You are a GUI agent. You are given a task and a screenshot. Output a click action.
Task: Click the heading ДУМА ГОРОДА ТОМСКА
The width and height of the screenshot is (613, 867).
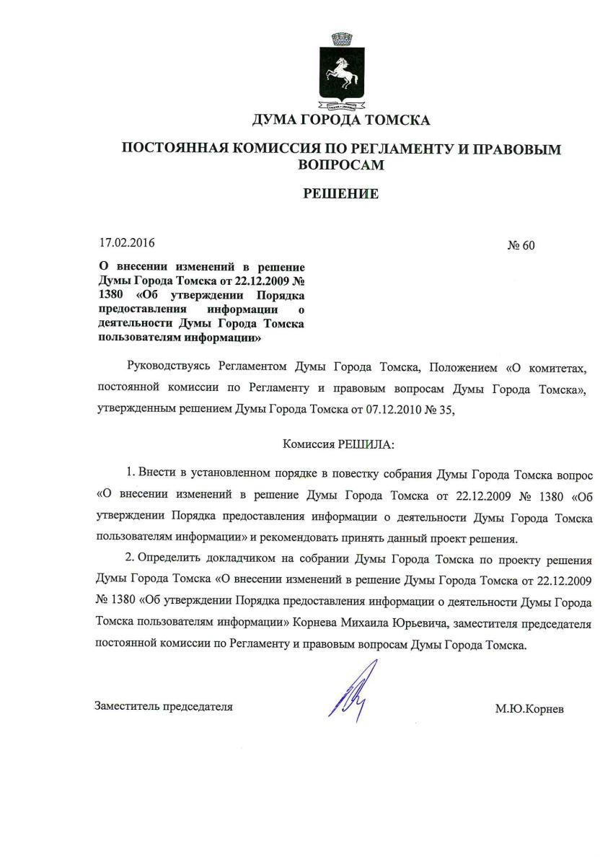[341, 120]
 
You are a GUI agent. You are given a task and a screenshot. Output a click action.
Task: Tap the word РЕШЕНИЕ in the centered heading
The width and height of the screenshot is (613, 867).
[341, 193]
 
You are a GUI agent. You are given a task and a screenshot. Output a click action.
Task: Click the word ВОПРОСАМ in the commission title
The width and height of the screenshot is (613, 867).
[341, 164]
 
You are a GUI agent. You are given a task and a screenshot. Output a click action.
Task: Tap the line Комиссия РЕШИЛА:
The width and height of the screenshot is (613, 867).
[340, 445]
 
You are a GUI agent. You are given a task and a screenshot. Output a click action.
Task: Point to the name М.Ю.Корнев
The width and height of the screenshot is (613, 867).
[529, 709]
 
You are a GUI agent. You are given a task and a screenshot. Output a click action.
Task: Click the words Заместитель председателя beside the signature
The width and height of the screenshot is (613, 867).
[164, 706]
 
